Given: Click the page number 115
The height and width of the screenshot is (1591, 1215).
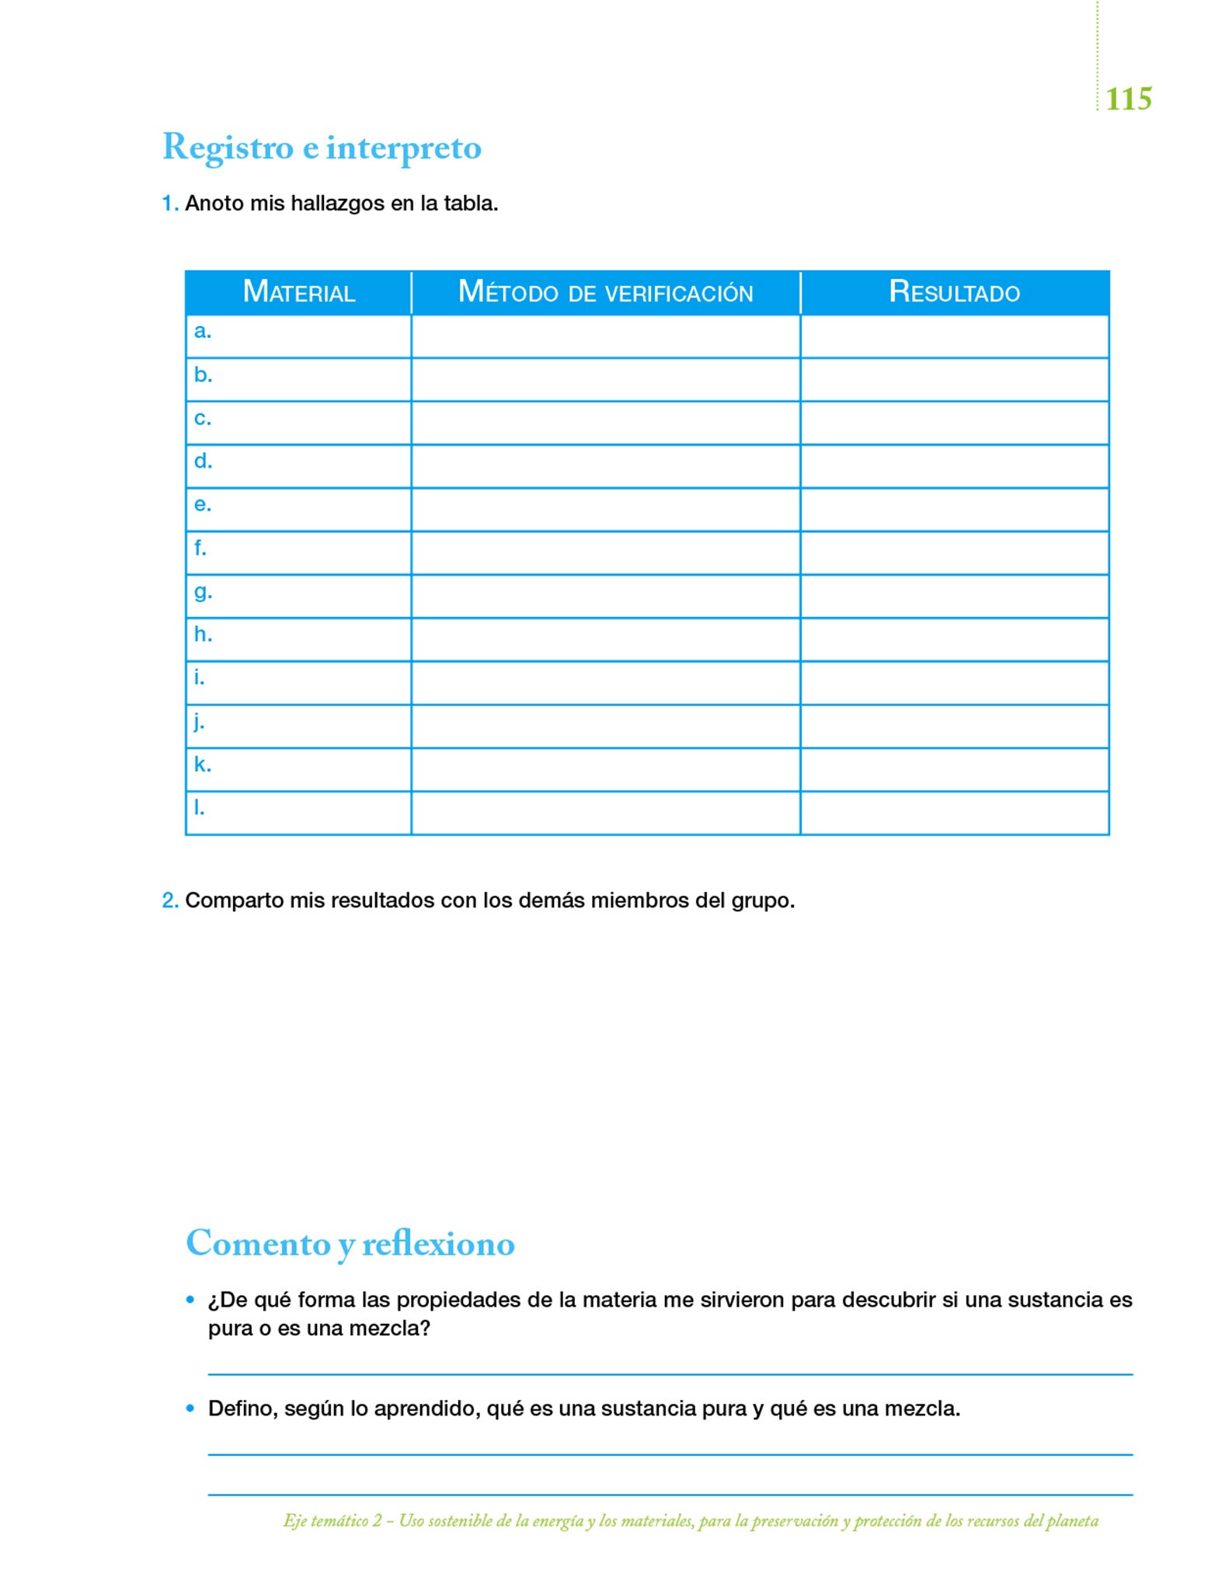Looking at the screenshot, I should click(x=1128, y=99).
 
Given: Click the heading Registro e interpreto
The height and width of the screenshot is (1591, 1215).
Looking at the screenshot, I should click(x=322, y=148).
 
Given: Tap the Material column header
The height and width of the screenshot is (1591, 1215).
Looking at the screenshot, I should click(x=298, y=292).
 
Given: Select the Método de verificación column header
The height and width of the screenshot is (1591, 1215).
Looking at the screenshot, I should click(x=605, y=292).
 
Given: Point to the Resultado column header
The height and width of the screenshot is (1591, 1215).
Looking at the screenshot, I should click(x=954, y=292).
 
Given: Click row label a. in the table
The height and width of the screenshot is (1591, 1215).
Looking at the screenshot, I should click(x=202, y=332).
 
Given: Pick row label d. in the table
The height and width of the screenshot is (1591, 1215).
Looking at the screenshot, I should click(x=203, y=461).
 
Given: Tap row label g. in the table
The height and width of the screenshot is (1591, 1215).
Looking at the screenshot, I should click(x=203, y=593).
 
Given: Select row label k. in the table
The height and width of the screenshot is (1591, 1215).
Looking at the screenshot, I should click(x=202, y=765).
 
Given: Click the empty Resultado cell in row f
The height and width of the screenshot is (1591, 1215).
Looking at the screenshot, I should click(x=954, y=553).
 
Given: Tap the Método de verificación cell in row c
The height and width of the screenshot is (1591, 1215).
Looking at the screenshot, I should click(x=605, y=423).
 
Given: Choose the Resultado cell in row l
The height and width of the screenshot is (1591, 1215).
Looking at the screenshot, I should click(x=954, y=813).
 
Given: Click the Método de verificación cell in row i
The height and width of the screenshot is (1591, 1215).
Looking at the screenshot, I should click(x=605, y=683).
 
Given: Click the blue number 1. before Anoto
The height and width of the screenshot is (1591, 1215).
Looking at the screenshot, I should click(x=170, y=204).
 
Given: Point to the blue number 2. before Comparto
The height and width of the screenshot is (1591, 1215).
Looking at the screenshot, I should click(x=170, y=900).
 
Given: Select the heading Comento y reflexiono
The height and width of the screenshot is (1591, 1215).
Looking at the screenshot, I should click(x=350, y=1244).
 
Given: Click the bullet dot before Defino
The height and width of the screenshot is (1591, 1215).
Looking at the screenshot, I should click(x=190, y=1408).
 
